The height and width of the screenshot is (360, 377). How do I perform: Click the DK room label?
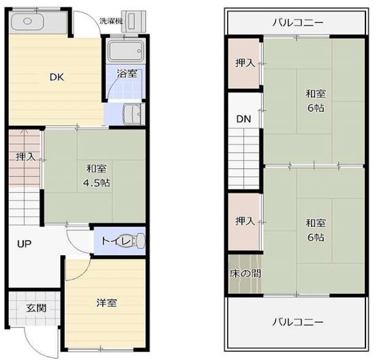57,77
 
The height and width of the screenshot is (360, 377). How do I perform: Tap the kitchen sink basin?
27,21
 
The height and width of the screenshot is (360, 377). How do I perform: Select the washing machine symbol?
133,21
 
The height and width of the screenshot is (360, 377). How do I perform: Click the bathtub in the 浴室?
125,51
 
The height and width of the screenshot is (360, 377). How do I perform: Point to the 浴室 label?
127,74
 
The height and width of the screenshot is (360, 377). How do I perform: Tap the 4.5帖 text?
96,183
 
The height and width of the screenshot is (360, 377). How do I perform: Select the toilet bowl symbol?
136,241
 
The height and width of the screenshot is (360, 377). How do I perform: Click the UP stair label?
25,244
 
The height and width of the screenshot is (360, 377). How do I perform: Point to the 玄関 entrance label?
36,308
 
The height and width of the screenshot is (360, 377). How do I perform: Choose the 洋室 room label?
106,303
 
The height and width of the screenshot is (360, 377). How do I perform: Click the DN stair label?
243,119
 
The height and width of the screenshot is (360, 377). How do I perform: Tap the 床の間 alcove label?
245,273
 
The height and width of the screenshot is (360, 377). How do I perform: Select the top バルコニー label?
298,23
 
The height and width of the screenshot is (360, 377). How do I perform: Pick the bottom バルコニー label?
298,322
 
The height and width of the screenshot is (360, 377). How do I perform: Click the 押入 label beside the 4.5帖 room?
25,157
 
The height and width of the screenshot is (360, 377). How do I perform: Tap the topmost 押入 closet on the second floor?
244,63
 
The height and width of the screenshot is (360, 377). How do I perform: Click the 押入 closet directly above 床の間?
244,222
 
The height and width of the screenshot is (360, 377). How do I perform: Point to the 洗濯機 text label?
111,21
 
